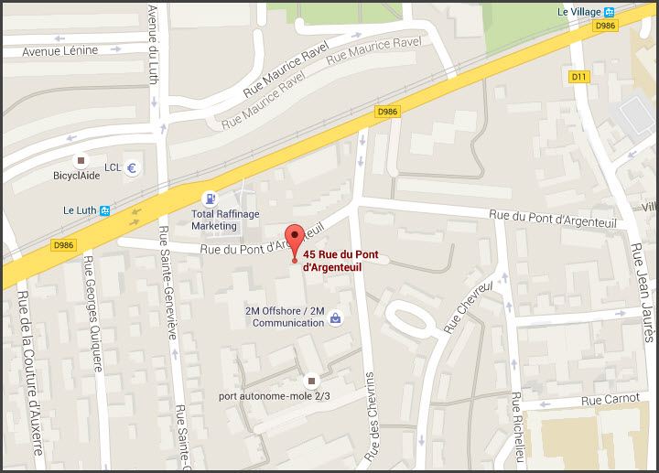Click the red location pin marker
click(x=294, y=241)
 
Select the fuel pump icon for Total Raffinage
click(x=211, y=198)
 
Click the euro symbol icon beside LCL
click(x=132, y=168)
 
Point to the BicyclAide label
click(x=76, y=175)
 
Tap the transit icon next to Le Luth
click(x=106, y=210)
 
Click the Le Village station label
click(x=579, y=11)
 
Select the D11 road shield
click(x=578, y=77)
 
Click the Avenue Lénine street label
click(x=60, y=50)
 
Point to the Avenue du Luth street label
click(x=152, y=45)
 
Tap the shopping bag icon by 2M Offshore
click(x=336, y=318)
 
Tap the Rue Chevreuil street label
click(x=468, y=306)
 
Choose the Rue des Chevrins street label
click(x=371, y=416)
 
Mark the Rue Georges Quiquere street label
click(x=94, y=312)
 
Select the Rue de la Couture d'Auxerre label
click(x=30, y=374)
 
